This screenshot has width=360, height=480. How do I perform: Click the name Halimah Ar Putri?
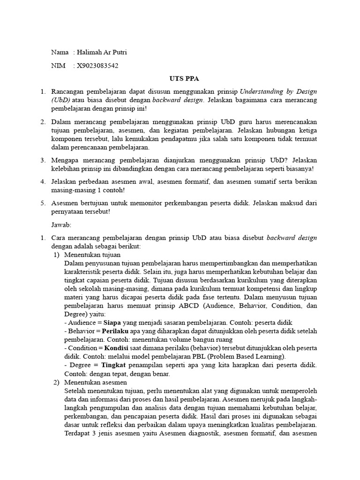(102, 52)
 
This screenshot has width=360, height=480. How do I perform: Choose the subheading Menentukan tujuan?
(92, 255)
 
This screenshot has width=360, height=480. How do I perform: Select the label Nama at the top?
(60, 52)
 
